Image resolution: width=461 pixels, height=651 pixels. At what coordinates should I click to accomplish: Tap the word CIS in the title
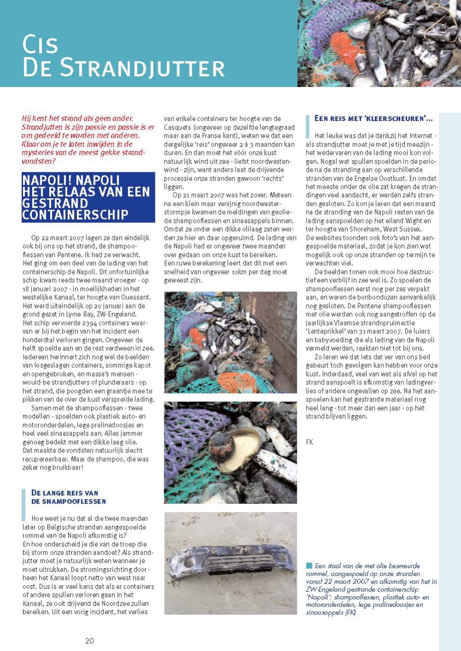41,45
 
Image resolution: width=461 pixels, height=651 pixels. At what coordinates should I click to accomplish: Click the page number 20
89,640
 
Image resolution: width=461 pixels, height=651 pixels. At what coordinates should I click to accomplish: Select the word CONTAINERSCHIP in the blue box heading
75,215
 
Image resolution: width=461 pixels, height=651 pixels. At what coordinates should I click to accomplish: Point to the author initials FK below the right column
310,442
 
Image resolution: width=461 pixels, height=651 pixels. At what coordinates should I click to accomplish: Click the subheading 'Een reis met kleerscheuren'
373,119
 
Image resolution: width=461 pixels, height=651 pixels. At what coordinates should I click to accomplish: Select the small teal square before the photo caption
309,566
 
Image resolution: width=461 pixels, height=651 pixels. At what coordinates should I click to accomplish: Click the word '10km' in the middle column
239,272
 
